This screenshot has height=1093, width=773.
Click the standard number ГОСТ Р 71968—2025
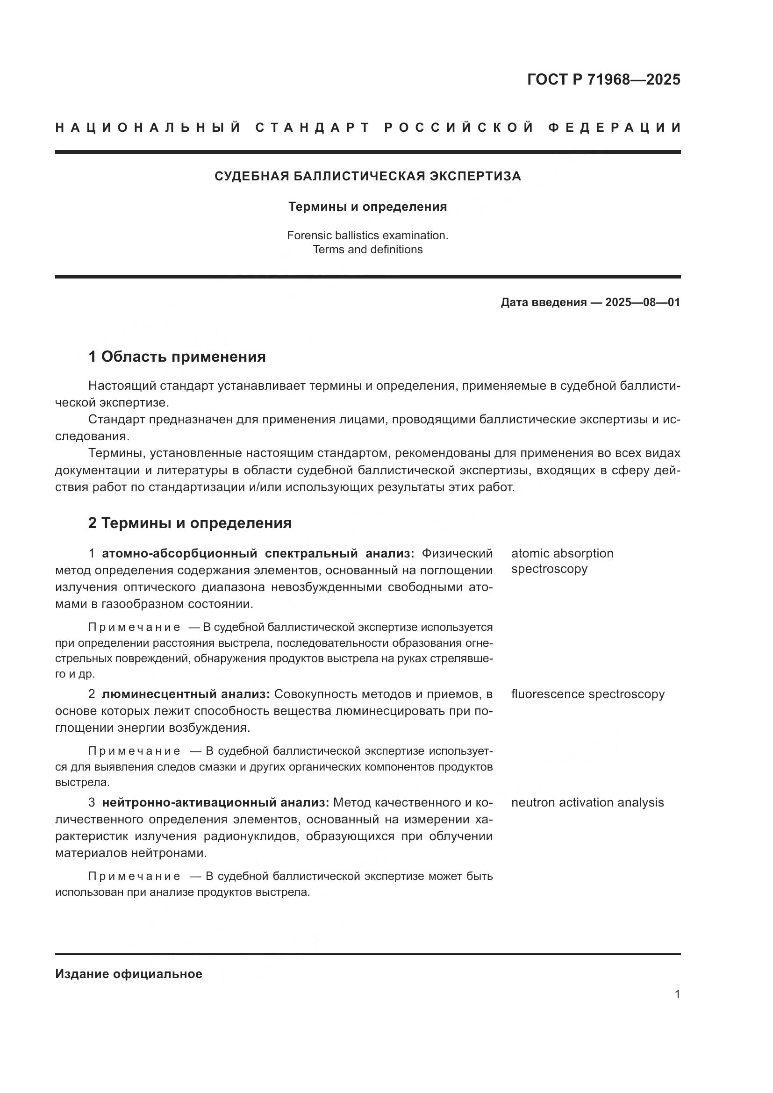(603, 79)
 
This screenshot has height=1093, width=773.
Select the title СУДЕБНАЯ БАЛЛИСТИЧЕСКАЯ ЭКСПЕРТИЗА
(367, 176)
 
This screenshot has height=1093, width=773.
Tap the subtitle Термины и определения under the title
(367, 207)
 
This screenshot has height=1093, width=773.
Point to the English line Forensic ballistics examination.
(367, 235)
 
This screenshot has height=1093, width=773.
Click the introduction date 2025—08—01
(642, 302)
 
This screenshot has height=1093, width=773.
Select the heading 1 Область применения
(177, 357)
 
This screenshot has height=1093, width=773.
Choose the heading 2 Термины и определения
(190, 523)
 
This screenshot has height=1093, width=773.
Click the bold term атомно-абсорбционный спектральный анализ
(258, 553)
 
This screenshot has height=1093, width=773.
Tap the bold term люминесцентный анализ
(186, 694)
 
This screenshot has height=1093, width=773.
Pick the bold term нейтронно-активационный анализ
(215, 803)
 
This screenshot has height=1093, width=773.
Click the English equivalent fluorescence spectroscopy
(587, 694)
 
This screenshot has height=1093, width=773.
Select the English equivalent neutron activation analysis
(587, 803)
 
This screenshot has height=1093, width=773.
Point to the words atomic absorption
(562, 553)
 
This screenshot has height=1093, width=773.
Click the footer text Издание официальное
(129, 974)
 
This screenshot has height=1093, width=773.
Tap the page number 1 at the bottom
(677, 994)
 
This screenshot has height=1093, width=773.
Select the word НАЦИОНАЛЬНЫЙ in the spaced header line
(148, 128)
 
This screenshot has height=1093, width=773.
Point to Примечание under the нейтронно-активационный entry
(134, 876)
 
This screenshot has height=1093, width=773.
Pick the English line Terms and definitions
(367, 250)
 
